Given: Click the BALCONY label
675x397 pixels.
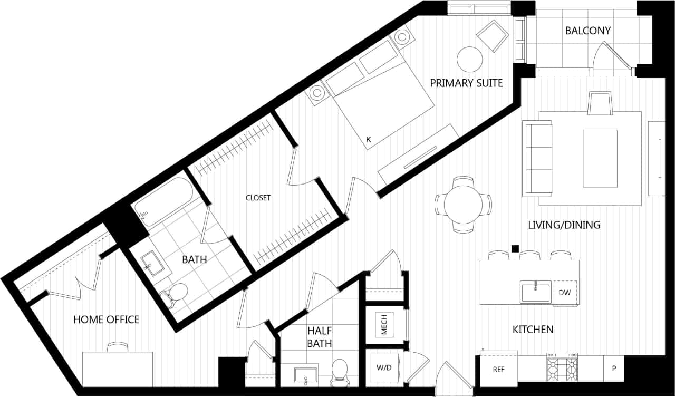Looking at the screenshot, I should click(587, 31).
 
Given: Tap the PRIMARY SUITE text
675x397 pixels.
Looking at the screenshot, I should click(466, 83).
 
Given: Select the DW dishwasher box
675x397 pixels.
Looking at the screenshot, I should click(564, 292).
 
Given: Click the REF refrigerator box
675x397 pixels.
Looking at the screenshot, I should click(498, 370).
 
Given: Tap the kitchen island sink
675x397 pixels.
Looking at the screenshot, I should click(536, 292).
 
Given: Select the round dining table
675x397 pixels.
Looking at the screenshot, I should click(463, 205).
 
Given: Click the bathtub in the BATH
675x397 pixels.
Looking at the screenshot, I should click(163, 200).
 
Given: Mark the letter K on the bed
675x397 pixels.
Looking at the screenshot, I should click(369, 140).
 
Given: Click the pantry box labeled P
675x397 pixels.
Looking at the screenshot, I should click(614, 369).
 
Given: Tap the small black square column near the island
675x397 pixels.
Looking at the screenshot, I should click(515, 249).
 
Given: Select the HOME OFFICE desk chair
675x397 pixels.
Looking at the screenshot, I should click(117, 347).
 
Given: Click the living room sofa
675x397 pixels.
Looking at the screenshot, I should click(537, 158).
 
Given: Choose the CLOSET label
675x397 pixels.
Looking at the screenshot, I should click(258, 198).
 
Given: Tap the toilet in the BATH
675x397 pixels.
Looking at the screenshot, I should click(176, 293).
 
